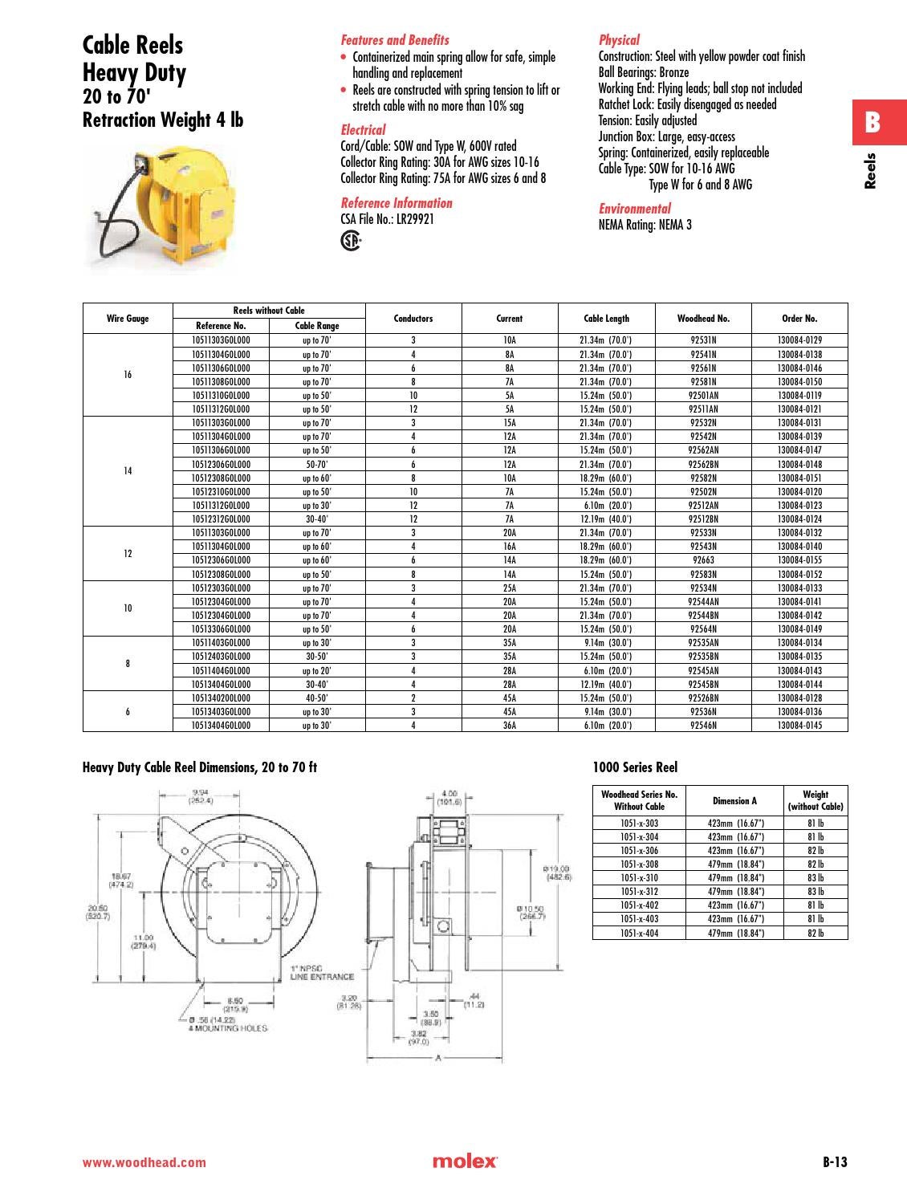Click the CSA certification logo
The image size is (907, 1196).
(351, 240)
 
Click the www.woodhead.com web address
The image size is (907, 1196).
(144, 1162)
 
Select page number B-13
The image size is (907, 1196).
(834, 1161)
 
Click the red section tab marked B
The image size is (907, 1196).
(872, 123)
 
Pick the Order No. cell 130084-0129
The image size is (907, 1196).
(799, 340)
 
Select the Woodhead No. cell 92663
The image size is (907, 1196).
(703, 560)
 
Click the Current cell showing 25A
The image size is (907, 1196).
(509, 588)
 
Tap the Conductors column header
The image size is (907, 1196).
(413, 319)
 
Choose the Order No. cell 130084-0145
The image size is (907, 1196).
(799, 726)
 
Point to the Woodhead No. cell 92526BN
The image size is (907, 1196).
(703, 698)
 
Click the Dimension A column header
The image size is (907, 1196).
(734, 800)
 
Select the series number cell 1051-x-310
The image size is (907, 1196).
(639, 878)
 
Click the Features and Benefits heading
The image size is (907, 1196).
(395, 40)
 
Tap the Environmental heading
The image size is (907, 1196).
(635, 209)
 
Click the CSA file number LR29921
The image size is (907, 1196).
(388, 219)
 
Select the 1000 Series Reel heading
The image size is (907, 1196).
(635, 767)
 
